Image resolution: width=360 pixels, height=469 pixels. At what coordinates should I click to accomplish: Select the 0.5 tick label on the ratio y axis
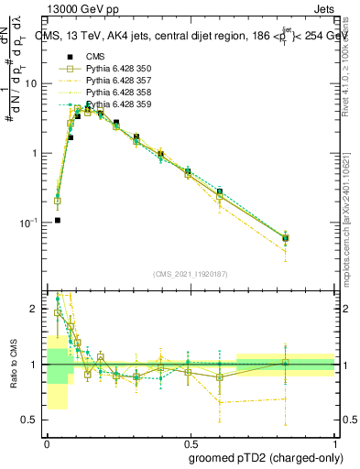tap(30, 421)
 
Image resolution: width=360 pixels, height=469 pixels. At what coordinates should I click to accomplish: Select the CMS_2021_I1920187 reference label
tap(189, 273)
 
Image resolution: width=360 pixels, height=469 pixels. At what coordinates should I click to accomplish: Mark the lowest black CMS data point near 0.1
tap(58, 220)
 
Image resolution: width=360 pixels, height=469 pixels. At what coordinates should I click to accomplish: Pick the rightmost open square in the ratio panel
tap(285, 364)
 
